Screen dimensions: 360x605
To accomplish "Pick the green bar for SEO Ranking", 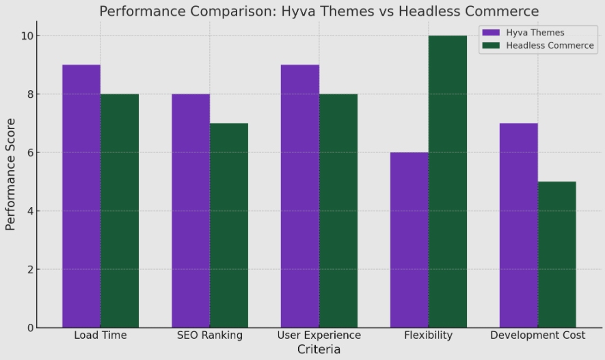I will point(229,225).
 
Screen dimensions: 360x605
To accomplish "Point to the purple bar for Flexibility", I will point(409,240).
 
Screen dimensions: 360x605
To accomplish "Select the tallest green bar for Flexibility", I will point(448,182).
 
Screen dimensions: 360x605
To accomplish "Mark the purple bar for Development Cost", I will point(519,225).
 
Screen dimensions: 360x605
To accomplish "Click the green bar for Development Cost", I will point(557,254).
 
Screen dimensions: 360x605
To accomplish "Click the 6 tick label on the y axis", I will point(30,152).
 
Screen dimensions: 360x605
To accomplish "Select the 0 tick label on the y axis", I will point(30,328).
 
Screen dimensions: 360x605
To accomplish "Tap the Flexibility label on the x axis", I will point(429,335).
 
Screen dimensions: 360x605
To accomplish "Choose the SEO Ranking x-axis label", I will point(210,335).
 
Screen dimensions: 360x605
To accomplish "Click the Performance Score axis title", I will point(11,174).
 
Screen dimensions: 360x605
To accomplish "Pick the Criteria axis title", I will point(319,349).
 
